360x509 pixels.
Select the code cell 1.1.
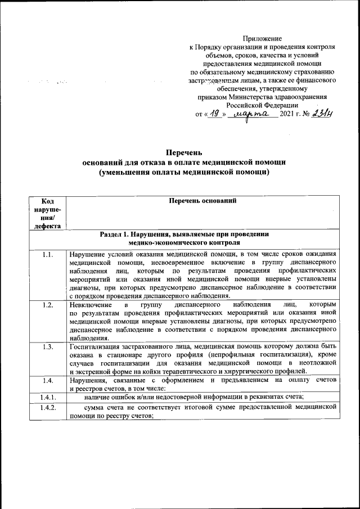pyautogui.click(x=47, y=255)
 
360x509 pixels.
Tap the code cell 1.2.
pyautogui.click(x=47, y=305)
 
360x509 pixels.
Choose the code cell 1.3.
pyautogui.click(x=47, y=346)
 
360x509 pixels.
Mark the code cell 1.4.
pyautogui.click(x=47, y=381)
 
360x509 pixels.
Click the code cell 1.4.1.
pyautogui.click(x=47, y=398)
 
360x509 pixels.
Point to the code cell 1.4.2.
pyautogui.click(x=47, y=408)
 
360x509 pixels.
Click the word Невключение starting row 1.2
pyautogui.click(x=88, y=305)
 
